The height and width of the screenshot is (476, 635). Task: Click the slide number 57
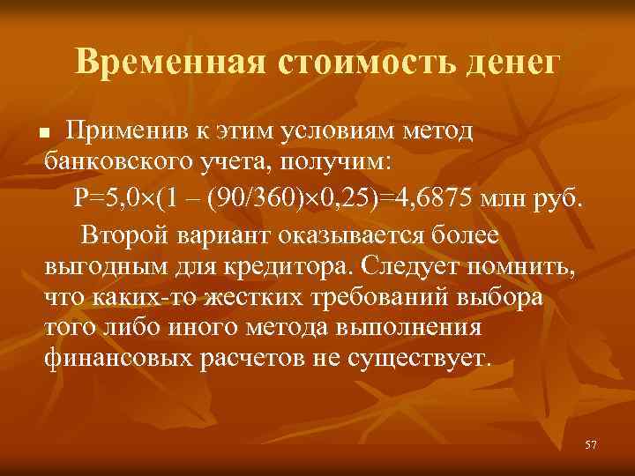point(591,445)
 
